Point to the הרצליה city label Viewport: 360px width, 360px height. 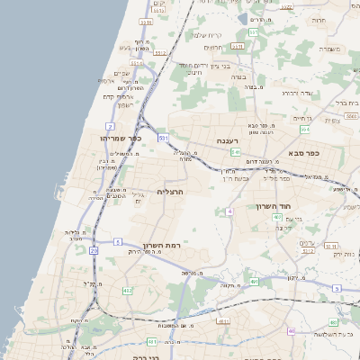pos(170,192)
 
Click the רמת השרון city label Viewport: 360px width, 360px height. pos(162,245)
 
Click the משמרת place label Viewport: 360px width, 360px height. pos(339,49)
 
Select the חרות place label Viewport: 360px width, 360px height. pos(319,19)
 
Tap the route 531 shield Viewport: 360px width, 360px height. pos(163,139)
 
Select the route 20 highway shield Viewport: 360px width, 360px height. pos(94,250)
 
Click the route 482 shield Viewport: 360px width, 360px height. pos(127,291)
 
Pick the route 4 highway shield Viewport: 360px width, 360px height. pos(229,211)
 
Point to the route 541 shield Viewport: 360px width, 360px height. pos(234,153)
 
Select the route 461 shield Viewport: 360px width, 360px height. pos(152,341)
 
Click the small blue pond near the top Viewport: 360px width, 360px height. pos(242,17)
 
